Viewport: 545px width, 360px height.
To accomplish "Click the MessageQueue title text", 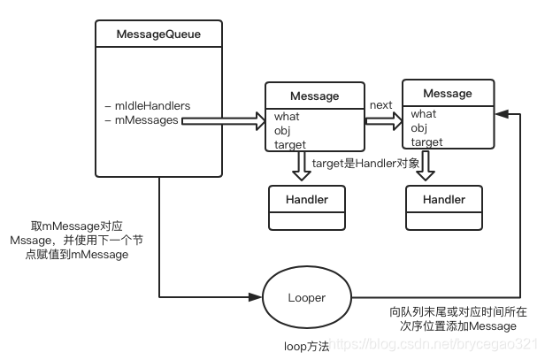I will pyautogui.click(x=157, y=34).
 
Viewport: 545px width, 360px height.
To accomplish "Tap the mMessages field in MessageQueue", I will pyautogui.click(x=142, y=119).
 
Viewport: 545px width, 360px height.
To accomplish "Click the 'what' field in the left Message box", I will pyautogui.click(x=287, y=116).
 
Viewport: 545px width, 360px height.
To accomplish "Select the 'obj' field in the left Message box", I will pyautogui.click(x=282, y=129).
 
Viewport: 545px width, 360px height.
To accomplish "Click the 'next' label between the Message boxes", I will pyautogui.click(x=380, y=105).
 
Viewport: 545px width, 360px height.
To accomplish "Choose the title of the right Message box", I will pyautogui.click(x=447, y=93).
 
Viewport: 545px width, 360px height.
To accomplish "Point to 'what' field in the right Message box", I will pyautogui.click(x=423, y=113).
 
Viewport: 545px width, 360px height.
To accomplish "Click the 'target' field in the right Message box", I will pyautogui.click(x=426, y=142).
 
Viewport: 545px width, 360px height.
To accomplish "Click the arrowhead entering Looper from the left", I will pyautogui.click(x=259, y=297).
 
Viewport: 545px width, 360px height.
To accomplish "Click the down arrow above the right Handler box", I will pyautogui.click(x=429, y=166).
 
